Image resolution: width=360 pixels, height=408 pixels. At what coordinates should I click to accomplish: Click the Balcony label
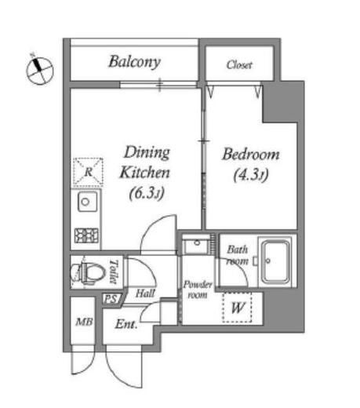pyautogui.click(x=135, y=62)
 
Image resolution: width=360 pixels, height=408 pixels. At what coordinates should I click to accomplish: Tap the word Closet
pyautogui.click(x=239, y=64)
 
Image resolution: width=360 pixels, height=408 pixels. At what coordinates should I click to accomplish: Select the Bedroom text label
pyautogui.click(x=251, y=155)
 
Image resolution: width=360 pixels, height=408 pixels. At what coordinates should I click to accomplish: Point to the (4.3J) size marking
pyautogui.click(x=251, y=175)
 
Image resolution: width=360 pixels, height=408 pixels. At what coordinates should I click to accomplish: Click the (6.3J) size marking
pyautogui.click(x=147, y=193)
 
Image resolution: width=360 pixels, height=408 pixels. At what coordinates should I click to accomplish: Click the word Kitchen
pyautogui.click(x=145, y=173)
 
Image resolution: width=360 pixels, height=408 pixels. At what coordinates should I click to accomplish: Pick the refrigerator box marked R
pyautogui.click(x=88, y=172)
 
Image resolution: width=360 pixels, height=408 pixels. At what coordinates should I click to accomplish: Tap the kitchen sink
pyautogui.click(x=85, y=202)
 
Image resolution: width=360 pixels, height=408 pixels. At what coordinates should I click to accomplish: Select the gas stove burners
pyautogui.click(x=86, y=235)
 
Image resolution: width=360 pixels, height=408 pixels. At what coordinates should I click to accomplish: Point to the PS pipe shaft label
pyautogui.click(x=111, y=299)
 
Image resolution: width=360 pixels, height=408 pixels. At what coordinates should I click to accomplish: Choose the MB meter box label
pyautogui.click(x=84, y=322)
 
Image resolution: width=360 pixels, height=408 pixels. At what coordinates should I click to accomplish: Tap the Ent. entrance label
pyautogui.click(x=126, y=324)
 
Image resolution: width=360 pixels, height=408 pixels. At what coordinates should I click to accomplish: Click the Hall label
pyautogui.click(x=145, y=293)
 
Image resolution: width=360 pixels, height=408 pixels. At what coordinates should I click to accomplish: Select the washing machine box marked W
pyautogui.click(x=237, y=308)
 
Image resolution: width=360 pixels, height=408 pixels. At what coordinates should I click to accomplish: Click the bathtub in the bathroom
pyautogui.click(x=276, y=261)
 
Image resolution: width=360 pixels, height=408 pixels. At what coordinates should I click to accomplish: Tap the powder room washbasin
pyautogui.click(x=197, y=245)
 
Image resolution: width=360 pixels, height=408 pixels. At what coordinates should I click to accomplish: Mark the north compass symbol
pyautogui.click(x=40, y=71)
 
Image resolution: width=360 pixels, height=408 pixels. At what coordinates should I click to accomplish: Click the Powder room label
pyautogui.click(x=198, y=290)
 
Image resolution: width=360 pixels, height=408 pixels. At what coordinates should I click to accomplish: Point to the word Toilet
pyautogui.click(x=114, y=272)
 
